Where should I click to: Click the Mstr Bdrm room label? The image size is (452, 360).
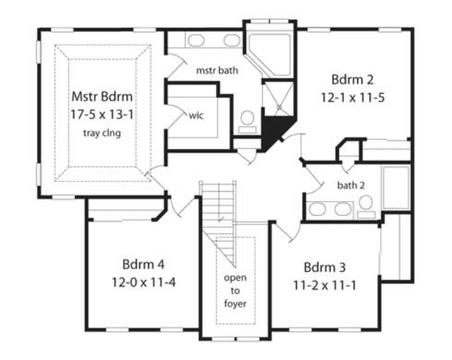[x=102, y=96]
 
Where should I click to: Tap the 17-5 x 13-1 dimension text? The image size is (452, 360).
[x=102, y=115]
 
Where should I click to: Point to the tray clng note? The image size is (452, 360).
[x=102, y=133]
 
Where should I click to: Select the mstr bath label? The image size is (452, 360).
[x=217, y=70]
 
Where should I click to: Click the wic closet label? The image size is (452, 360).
[x=196, y=115]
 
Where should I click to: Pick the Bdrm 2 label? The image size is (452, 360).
[x=352, y=79]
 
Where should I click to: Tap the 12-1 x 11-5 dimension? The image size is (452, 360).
[x=353, y=98]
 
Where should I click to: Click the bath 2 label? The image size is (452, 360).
[x=351, y=185]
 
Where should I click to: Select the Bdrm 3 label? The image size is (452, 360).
[x=325, y=267]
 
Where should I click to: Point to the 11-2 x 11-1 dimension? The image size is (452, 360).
[x=325, y=286]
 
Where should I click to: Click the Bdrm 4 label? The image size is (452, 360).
[x=143, y=264]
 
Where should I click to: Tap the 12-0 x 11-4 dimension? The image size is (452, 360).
[x=143, y=282]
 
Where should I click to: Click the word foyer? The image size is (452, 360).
[x=235, y=304]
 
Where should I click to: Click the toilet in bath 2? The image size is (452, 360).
[x=366, y=206]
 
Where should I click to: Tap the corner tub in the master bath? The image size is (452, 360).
[x=269, y=54]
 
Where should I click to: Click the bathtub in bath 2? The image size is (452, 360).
[x=396, y=188]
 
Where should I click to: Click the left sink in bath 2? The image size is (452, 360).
[x=317, y=209]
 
